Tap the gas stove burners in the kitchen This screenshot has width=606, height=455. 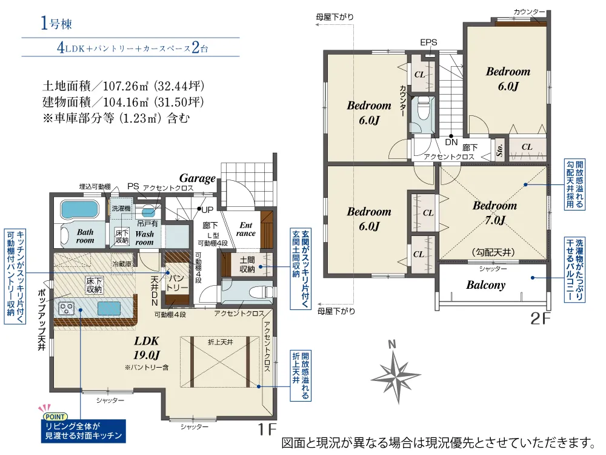(66, 308)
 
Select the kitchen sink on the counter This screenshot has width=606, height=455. (108, 308)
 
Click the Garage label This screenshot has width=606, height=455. (197, 178)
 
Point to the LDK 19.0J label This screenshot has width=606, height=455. (147, 348)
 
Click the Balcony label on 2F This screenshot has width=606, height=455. (486, 285)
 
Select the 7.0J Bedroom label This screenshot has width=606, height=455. (494, 212)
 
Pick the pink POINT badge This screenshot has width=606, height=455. (55, 417)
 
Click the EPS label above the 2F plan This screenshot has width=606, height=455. (428, 42)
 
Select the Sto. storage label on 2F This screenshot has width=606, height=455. (499, 149)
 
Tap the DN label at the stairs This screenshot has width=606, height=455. (451, 142)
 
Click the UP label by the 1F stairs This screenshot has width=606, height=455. (207, 210)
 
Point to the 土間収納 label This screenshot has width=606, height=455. (247, 265)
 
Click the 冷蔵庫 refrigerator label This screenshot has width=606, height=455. (122, 264)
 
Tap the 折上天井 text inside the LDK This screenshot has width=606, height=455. (221, 342)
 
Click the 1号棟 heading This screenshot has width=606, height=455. (56, 24)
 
